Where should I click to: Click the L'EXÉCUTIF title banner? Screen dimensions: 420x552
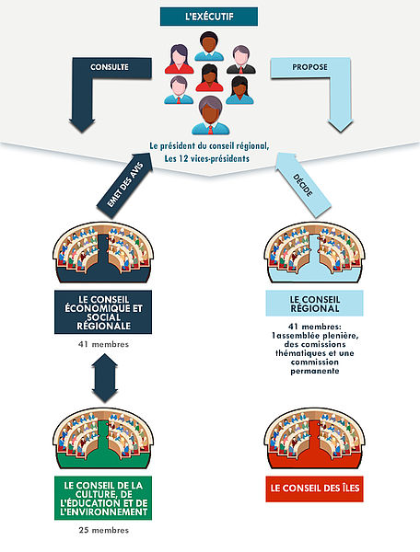209,17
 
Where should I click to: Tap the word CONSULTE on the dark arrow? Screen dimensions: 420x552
110,67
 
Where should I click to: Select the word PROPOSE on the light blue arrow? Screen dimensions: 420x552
309,67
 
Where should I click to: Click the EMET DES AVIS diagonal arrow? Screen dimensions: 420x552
125,185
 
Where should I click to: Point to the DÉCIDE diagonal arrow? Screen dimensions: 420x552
303,185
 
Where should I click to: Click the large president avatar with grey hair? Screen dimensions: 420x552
210,116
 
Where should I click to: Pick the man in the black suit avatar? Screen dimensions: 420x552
241,60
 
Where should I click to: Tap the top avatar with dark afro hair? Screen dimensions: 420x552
209,46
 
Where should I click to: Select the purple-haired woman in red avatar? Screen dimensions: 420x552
179,59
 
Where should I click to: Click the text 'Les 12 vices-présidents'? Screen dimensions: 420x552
207,158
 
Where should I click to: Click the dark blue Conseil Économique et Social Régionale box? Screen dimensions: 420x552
103,312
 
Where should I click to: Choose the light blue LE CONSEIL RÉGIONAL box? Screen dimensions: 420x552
314,304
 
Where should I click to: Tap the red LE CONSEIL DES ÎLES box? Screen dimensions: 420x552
314,489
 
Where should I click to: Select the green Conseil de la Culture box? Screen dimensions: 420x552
103,498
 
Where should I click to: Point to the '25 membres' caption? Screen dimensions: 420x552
104,530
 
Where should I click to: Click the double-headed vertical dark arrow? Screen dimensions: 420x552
104,378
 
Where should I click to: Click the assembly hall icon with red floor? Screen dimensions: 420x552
314,438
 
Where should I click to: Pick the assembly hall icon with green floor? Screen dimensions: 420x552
103,438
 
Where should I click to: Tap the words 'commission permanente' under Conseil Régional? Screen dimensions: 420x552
315,366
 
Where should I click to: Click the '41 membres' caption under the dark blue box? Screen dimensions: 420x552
103,344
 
